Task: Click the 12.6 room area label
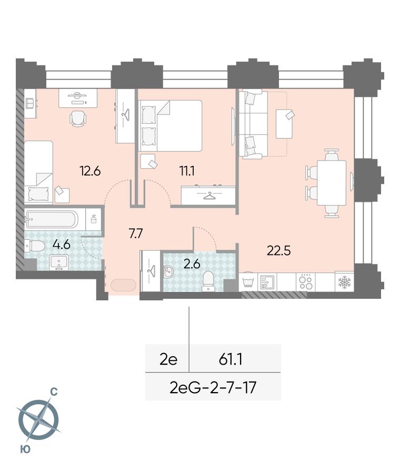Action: click(90, 171)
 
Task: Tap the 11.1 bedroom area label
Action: click(187, 171)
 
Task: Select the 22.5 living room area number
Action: click(279, 251)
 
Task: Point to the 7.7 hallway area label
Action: click(136, 233)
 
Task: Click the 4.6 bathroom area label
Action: click(61, 245)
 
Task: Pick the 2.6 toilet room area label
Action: click(192, 264)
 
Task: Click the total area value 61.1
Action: click(231, 359)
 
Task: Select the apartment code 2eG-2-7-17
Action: click(213, 388)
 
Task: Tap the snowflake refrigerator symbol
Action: click(344, 281)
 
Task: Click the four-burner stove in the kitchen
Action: click(306, 281)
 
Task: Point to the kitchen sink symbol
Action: click(267, 281)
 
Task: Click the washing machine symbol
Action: click(248, 281)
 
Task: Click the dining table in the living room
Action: click(332, 183)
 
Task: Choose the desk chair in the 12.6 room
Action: click(78, 118)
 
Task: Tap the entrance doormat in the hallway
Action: click(123, 285)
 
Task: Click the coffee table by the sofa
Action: click(284, 123)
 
